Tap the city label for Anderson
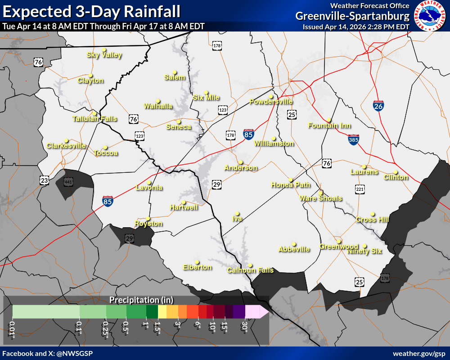click(x=241, y=168)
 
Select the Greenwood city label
click(x=339, y=247)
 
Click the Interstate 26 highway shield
click(x=378, y=106)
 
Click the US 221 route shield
click(x=359, y=189)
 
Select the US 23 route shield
click(x=44, y=180)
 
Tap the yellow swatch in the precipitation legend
click(x=162, y=311)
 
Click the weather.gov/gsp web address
click(x=419, y=354)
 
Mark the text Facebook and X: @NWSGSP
click(x=47, y=354)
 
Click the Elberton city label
click(x=197, y=267)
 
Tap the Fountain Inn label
click(x=329, y=126)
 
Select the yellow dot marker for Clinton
click(x=396, y=172)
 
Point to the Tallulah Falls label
click(x=94, y=119)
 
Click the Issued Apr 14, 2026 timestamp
click(x=355, y=27)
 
